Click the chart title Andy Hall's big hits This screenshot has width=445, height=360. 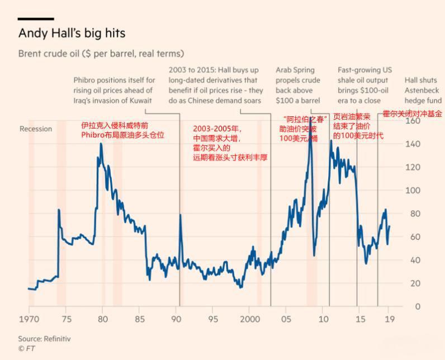click(72, 33)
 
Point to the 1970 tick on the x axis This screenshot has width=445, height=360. click(29, 319)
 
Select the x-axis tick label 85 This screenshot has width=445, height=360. click(140, 319)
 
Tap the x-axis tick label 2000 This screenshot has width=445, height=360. click(250, 319)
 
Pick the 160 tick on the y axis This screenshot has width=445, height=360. click(428, 121)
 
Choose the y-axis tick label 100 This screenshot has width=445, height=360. click(428, 190)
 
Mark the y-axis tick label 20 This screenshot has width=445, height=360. click(430, 283)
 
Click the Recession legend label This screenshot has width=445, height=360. click(36, 129)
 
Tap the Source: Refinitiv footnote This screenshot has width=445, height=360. click(44, 339)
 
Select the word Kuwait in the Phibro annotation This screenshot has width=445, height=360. click(140, 101)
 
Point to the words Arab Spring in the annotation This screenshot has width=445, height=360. click(295, 70)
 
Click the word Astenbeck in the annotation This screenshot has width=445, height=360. click(422, 91)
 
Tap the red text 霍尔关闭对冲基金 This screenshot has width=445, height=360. click(412, 113)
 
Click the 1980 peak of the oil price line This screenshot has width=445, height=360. click(101, 144)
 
